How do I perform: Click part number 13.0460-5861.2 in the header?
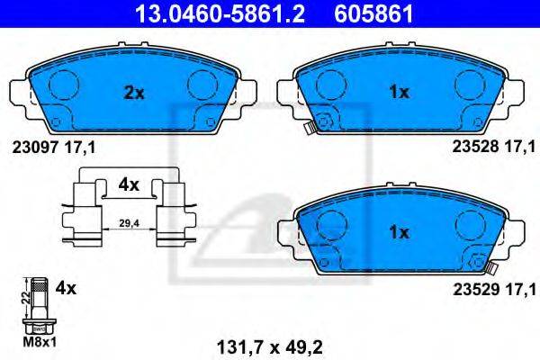tap(220, 13)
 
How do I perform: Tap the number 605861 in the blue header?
tap(374, 13)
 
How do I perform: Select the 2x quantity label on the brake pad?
tap(134, 93)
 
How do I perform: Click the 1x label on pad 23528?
tap(399, 92)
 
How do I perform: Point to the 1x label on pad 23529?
tap(399, 232)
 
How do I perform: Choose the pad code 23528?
tap(475, 147)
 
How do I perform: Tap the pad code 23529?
tap(475, 290)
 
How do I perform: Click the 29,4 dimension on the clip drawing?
tap(129, 223)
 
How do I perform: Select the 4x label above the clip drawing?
tap(129, 185)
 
